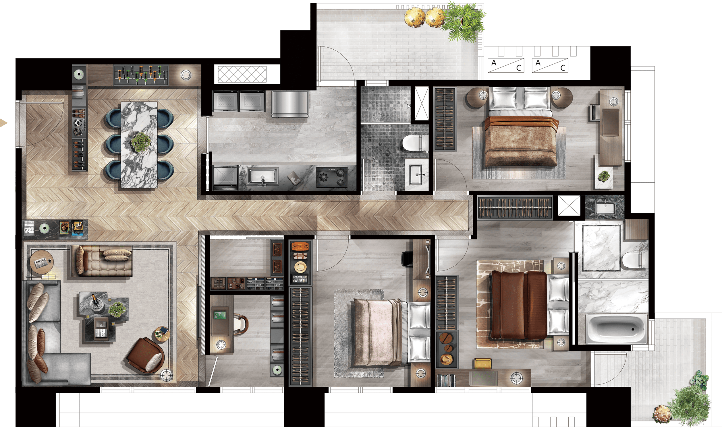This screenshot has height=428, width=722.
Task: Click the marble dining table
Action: click(x=139, y=145)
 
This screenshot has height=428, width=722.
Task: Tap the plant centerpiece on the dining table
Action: click(x=141, y=142)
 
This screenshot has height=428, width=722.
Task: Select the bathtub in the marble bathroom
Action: click(x=616, y=329)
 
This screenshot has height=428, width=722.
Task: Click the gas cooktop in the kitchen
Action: click(x=332, y=177)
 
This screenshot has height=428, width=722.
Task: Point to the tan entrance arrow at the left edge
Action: click(x=3, y=123)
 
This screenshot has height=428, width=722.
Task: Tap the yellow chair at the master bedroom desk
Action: click(x=482, y=363)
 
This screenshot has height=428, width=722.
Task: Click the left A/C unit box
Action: click(x=506, y=65)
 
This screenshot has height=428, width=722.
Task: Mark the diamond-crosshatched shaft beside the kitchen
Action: click(x=242, y=74)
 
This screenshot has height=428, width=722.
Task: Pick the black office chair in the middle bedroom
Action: click(x=407, y=258)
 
